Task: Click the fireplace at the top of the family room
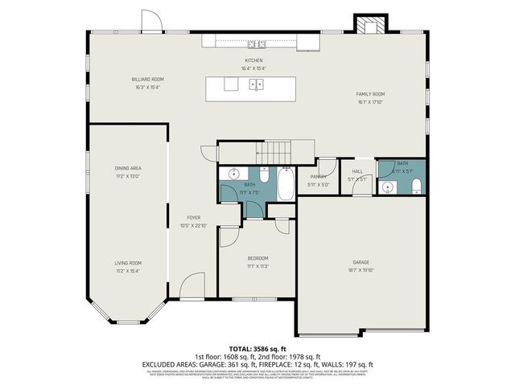pyautogui.click(x=370, y=26)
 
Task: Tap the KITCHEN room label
pyautogui.click(x=254, y=61)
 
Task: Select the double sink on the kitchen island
pyautogui.click(x=256, y=84)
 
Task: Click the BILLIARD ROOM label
pyautogui.click(x=148, y=79)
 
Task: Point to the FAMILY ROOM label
pyautogui.click(x=371, y=94)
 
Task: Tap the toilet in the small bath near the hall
pyautogui.click(x=415, y=187)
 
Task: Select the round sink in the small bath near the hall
pyautogui.click(x=388, y=188)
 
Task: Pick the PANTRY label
pyautogui.click(x=318, y=177)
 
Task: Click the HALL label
pyautogui.click(x=357, y=171)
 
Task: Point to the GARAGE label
pyautogui.click(x=360, y=262)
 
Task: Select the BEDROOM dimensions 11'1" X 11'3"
pyautogui.click(x=257, y=266)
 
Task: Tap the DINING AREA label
pyautogui.click(x=128, y=168)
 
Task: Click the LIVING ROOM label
pyautogui.click(x=128, y=263)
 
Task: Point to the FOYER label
pyautogui.click(x=193, y=218)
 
